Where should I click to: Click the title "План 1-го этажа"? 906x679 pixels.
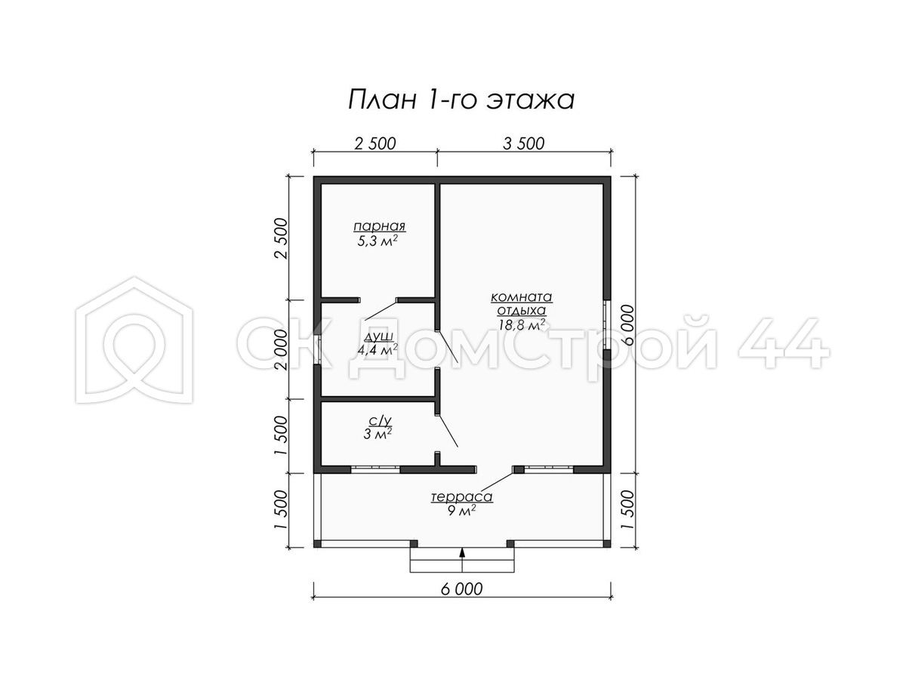461,100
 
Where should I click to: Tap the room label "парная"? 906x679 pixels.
379,226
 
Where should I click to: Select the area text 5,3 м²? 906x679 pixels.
377,241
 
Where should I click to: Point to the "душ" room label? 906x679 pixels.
378,336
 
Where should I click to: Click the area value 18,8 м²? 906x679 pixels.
522,324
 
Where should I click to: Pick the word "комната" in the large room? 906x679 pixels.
522,296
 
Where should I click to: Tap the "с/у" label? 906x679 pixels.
380,420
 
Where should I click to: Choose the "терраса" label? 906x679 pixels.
462,496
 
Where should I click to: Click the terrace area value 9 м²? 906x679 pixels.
461,512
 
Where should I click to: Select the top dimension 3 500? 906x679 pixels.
524,143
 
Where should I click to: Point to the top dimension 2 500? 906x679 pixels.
375,143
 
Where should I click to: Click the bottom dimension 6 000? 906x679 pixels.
461,589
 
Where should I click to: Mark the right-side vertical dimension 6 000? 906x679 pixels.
627,325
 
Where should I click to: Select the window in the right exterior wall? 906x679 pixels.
607,325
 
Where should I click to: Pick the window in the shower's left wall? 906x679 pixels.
317,349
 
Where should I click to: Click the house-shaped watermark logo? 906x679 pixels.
134,339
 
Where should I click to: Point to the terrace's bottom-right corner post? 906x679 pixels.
607,544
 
